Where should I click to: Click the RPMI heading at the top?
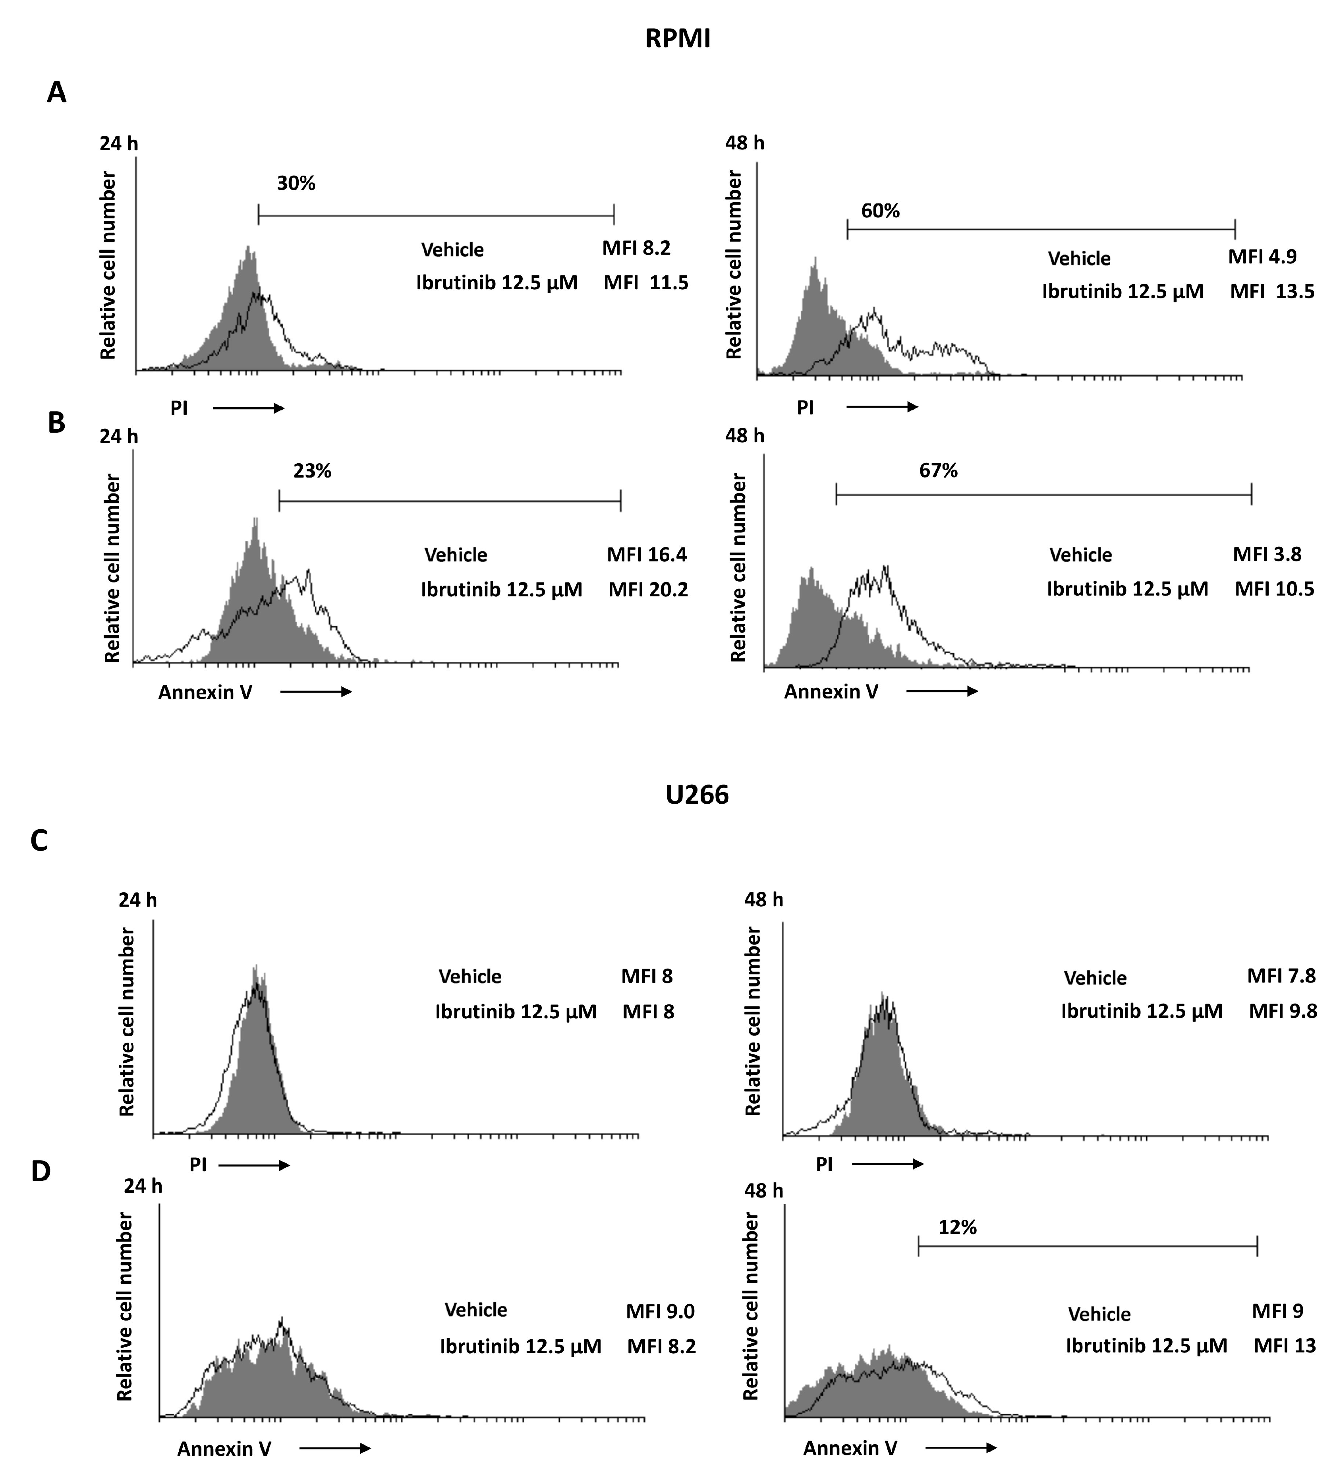coord(677,38)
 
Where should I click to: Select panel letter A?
coord(56,93)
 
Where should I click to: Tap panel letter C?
coord(39,840)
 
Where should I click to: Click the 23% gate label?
coord(313,471)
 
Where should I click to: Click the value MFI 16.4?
coord(647,555)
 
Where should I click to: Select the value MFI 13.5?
coord(1272,291)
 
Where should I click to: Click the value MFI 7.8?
coord(1281,976)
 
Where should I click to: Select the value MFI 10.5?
coord(1274,589)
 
